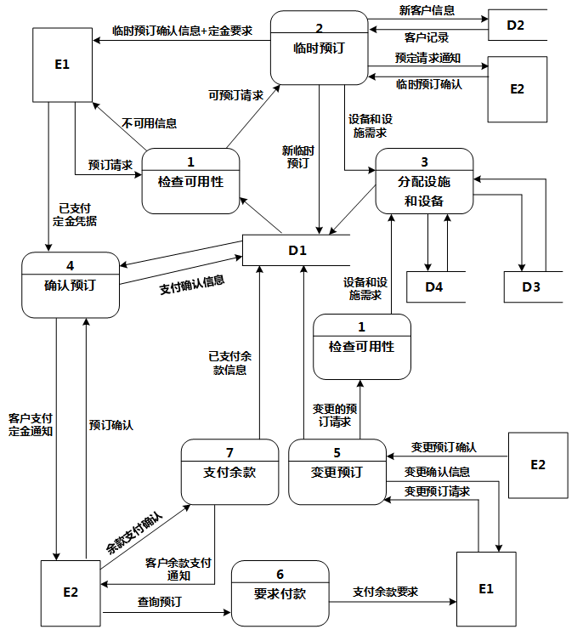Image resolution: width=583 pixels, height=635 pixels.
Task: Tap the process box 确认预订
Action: click(70, 285)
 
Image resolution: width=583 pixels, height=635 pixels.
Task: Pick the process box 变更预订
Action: click(337, 472)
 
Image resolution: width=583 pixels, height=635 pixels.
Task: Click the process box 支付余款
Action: click(229, 472)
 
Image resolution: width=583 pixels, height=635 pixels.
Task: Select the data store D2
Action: click(515, 26)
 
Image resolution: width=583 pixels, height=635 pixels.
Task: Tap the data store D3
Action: click(531, 287)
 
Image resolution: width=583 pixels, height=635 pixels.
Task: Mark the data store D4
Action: click(434, 287)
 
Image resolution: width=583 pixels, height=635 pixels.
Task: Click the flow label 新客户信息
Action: click(426, 11)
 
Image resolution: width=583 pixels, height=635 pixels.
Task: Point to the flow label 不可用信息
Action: click(149, 123)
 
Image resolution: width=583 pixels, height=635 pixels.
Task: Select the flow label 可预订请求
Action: click(235, 95)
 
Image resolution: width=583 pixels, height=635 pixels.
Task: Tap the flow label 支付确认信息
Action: click(192, 284)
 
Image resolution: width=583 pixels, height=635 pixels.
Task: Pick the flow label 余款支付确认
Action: click(133, 533)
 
